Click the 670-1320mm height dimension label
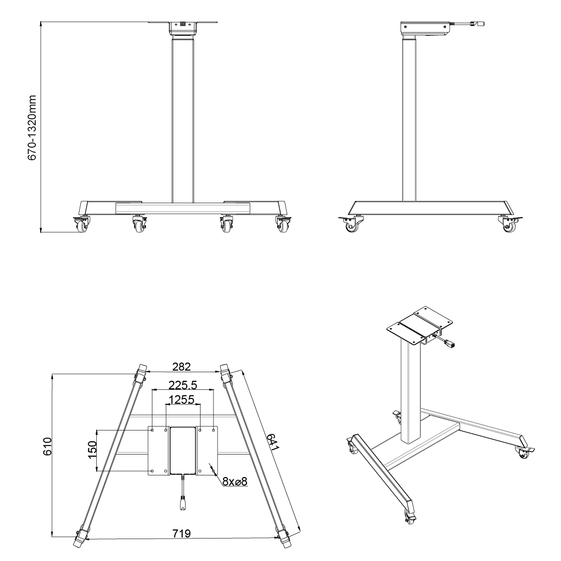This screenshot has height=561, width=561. (32, 128)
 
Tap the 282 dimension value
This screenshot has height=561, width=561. (181, 367)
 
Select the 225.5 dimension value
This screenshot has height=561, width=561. (183, 385)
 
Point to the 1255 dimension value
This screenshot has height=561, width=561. (182, 399)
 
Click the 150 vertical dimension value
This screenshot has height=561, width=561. (93, 450)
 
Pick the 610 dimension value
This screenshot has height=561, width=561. (47, 446)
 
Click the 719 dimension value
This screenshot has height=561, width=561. (181, 533)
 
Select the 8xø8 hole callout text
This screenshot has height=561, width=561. (235, 481)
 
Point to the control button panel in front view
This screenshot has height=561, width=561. (182, 24)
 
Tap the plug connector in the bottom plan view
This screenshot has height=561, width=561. (183, 504)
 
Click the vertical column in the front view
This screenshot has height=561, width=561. (183, 120)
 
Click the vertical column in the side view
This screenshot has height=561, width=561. (409, 120)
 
